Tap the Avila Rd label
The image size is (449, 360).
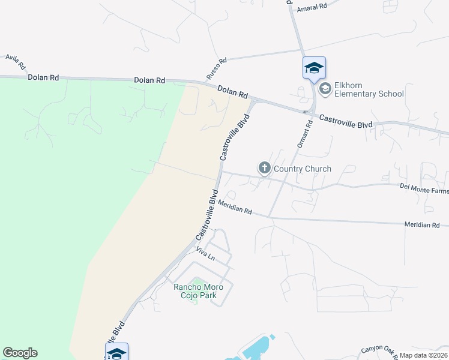pos(16,61)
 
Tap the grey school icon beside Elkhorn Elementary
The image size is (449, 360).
pos(325,89)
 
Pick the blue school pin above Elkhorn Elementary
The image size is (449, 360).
pos(314,67)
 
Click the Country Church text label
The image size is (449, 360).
pos(301,169)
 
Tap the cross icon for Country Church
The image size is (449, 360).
pos(264,169)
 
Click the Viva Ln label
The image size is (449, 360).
pos(205,254)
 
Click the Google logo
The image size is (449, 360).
pos(20,353)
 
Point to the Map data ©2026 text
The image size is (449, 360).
pos(424,355)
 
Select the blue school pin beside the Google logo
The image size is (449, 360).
pos(116,352)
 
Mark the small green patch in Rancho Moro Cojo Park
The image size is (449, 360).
pos(194,298)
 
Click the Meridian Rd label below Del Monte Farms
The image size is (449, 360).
pos(422,225)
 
